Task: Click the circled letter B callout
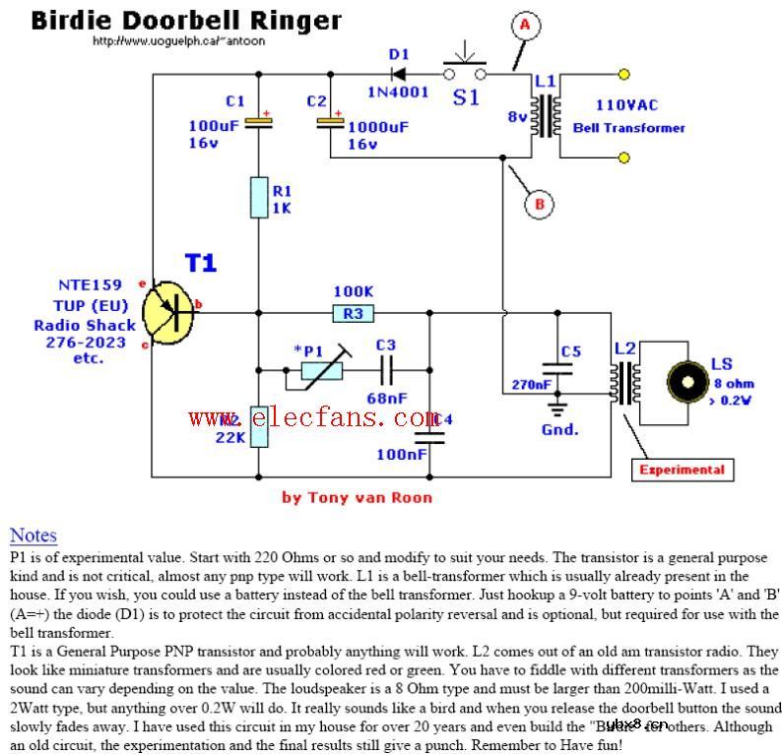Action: click(x=538, y=205)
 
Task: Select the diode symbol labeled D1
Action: click(x=400, y=72)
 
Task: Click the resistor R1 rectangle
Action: click(x=259, y=196)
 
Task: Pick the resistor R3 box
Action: click(x=353, y=314)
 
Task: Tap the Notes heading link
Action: click(x=33, y=535)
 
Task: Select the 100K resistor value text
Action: click(x=354, y=292)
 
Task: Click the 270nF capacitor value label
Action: click(x=531, y=385)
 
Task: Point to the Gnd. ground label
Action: click(x=560, y=429)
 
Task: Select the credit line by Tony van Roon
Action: click(x=357, y=497)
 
